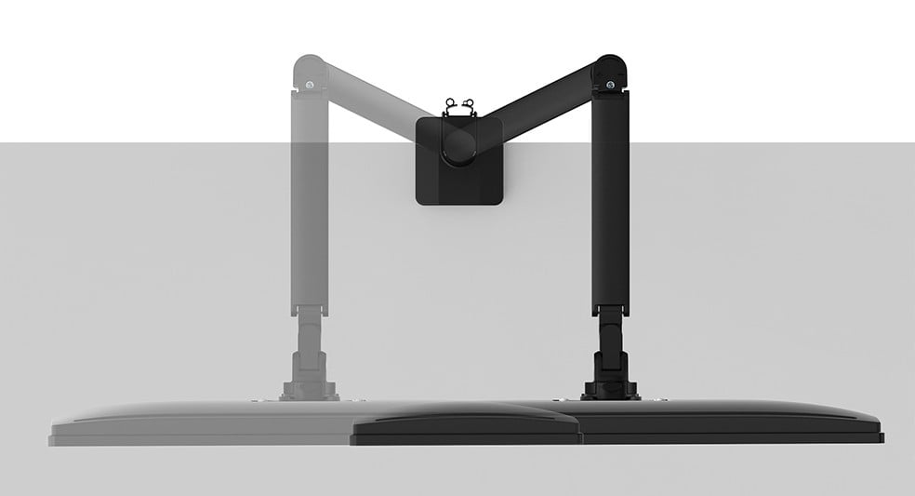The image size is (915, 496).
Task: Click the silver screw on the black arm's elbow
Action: coord(610,86)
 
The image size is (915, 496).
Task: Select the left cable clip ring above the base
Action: coord(451,103)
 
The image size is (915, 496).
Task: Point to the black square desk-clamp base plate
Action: coord(457,182)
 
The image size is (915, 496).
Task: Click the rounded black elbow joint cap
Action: coord(610,69)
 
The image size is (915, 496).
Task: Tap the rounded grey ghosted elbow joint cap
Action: coord(308,69)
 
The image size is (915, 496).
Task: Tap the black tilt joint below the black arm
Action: coord(611,335)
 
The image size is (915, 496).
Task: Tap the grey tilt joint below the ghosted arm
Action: coord(308,335)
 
